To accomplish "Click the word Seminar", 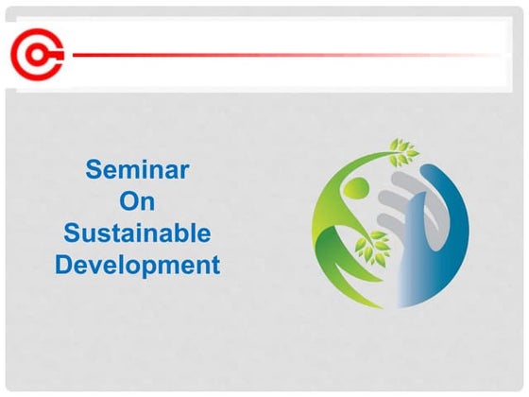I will click(x=137, y=170).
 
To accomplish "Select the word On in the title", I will click(x=137, y=201).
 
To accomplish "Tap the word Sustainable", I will click(x=137, y=233).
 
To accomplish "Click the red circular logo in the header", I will click(x=38, y=54).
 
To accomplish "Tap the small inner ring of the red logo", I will click(x=39, y=54).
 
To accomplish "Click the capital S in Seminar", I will click(x=93, y=170).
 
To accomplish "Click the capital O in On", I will click(x=128, y=201).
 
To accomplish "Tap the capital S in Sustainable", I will click(x=71, y=233).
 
